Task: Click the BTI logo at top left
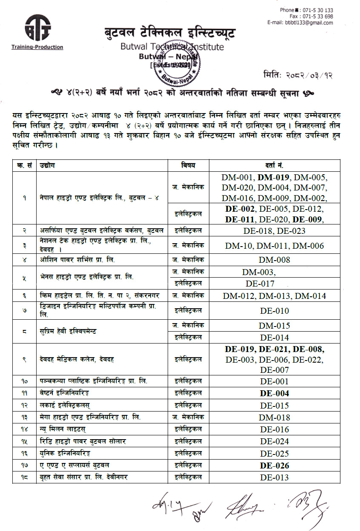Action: click(37, 29)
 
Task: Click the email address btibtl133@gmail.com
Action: click(300, 23)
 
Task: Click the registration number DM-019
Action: click(274, 177)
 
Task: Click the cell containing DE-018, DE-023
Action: click(274, 231)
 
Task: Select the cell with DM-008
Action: click(274, 260)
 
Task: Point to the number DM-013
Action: click(274, 296)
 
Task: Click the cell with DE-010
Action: click(274, 311)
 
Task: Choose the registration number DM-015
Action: click(274, 326)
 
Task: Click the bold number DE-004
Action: click(274, 393)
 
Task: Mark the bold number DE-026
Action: click(274, 466)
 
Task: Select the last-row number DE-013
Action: click(274, 477)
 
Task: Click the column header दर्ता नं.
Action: click(274, 165)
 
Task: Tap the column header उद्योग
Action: click(46, 165)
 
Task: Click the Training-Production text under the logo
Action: click(37, 47)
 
